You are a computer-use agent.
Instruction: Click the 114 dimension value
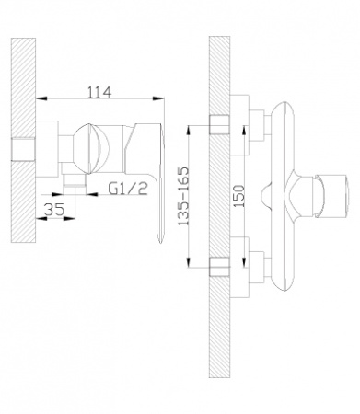(99, 92)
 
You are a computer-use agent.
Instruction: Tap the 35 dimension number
(54, 210)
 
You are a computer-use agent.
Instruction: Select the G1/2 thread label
(128, 189)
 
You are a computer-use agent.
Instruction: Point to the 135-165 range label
(184, 196)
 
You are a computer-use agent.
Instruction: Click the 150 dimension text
(239, 196)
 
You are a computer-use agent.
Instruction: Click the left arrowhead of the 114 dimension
(41, 98)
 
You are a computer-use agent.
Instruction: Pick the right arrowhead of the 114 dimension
(158, 98)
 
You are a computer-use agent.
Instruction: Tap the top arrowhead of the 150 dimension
(244, 131)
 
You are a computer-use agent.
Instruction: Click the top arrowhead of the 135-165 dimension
(189, 131)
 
